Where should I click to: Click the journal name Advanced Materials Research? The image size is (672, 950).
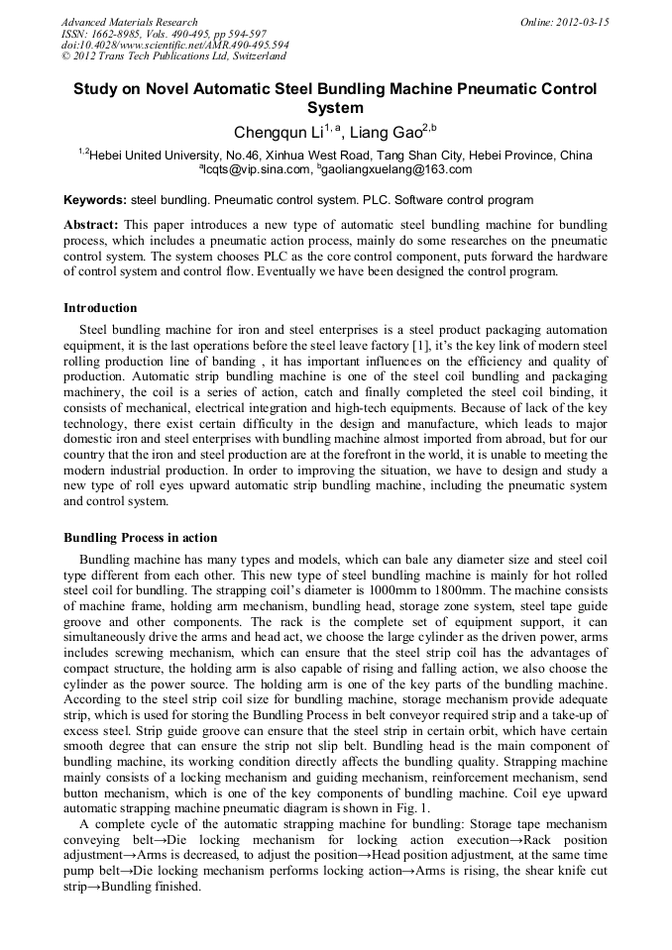pos(130,22)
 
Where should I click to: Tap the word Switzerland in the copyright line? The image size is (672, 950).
pos(244,57)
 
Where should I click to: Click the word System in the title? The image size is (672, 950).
pos(335,108)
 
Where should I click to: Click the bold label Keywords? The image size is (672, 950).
pos(95,200)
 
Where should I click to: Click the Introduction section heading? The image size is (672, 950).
pos(100,308)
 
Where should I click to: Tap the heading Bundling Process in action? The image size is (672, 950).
pos(140,538)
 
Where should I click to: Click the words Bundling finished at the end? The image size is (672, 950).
pos(160,887)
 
